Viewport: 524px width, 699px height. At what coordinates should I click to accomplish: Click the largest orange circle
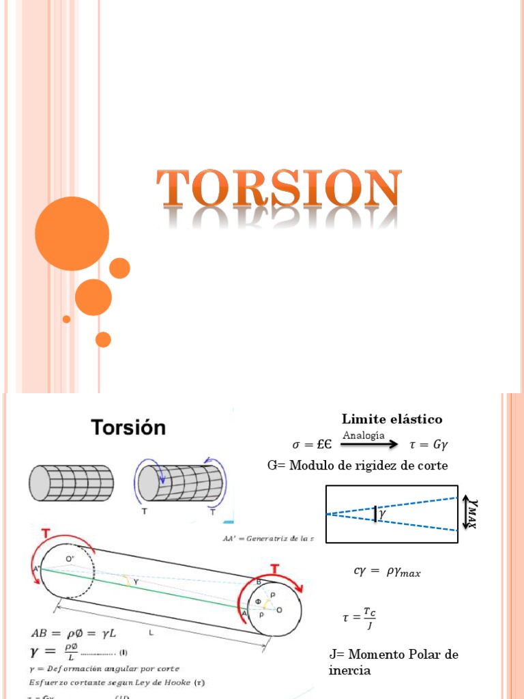tap(72, 233)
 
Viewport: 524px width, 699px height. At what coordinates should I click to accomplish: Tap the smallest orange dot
tap(66, 319)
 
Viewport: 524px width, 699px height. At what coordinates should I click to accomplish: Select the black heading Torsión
tap(129, 428)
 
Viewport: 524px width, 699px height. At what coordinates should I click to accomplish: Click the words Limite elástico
tap(392, 419)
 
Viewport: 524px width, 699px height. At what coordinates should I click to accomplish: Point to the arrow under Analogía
tap(369, 444)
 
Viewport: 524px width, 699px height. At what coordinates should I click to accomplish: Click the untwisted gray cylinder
tap(71, 483)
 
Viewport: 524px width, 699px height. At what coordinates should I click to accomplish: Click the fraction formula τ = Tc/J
tap(359, 618)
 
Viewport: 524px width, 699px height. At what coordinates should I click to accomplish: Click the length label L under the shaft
tap(150, 633)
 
